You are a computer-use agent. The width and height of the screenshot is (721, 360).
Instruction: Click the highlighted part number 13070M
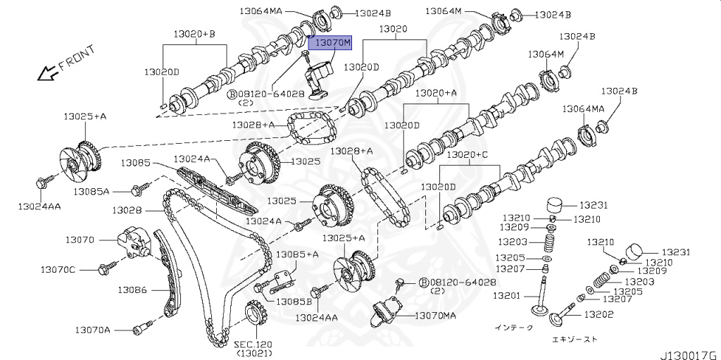coord(332,44)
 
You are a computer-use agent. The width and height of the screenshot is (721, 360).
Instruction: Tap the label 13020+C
coord(469,154)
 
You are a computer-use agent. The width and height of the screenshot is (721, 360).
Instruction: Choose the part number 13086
coord(132,289)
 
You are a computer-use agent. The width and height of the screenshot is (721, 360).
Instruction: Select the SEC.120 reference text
coord(253,345)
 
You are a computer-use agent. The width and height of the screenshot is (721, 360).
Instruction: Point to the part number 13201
coord(506,295)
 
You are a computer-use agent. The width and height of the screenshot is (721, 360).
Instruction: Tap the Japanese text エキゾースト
coord(574,340)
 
